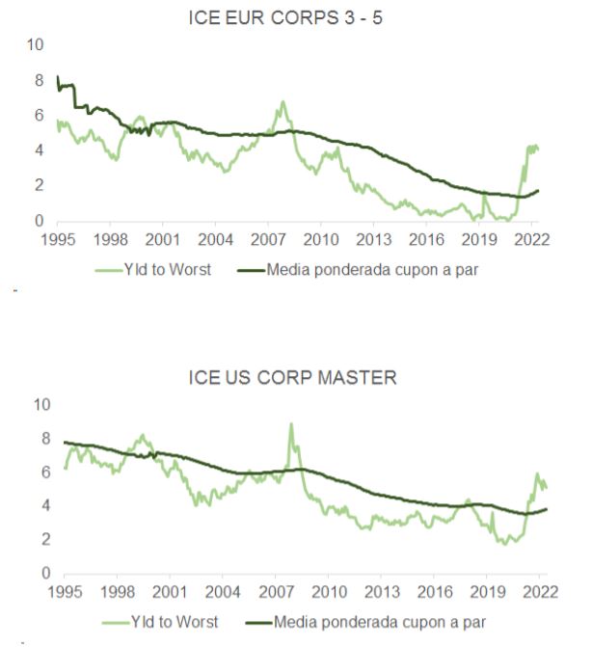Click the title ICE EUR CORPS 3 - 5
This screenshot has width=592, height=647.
click(292, 17)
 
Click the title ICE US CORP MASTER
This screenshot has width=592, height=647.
click(292, 378)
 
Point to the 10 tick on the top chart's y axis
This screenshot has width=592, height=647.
click(36, 44)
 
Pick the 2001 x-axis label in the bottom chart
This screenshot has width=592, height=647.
click(171, 591)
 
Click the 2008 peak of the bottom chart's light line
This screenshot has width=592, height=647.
click(291, 423)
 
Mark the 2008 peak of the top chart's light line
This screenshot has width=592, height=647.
click(283, 101)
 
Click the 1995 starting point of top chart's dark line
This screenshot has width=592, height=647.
click(58, 76)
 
